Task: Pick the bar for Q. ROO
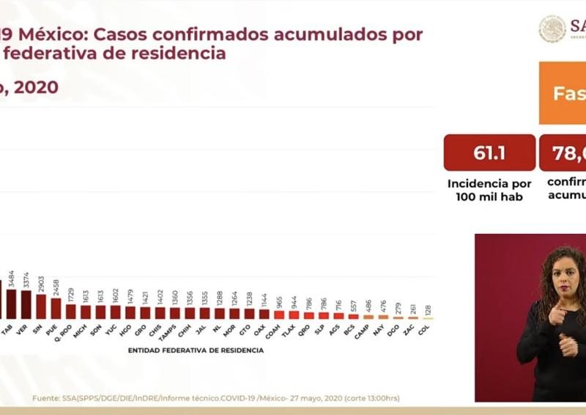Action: [x=70, y=311]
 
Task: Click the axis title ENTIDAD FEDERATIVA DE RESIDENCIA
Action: [x=196, y=350]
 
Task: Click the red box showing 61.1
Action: [x=489, y=153]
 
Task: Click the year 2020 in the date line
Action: [x=36, y=87]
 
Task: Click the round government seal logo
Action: [x=552, y=29]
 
